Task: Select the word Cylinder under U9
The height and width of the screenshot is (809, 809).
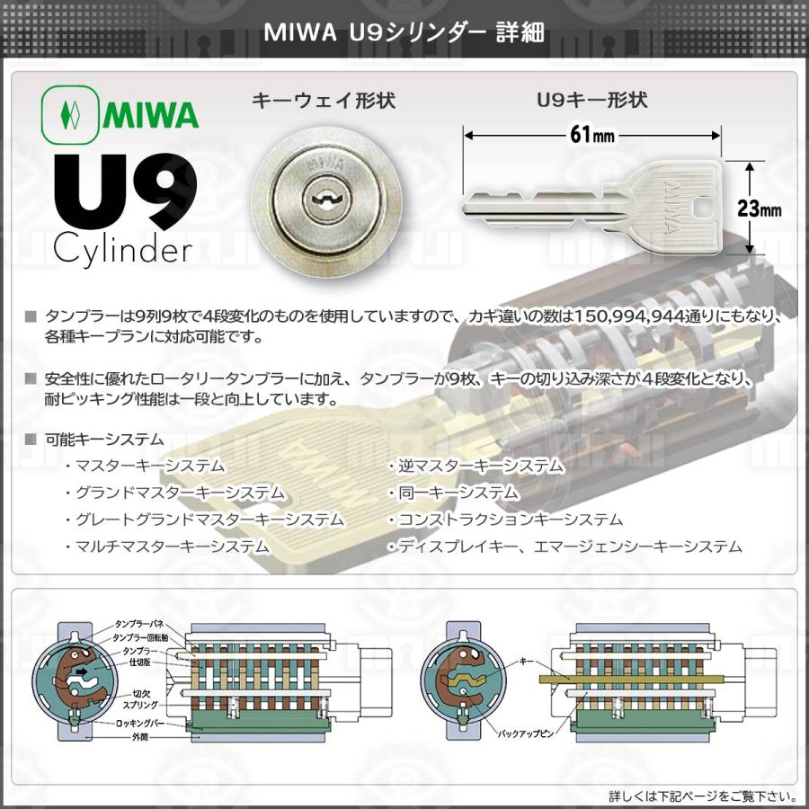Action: [x=121, y=248]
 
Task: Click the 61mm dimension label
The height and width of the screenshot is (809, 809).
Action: [x=591, y=135]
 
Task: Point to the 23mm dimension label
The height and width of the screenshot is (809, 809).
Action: [x=759, y=209]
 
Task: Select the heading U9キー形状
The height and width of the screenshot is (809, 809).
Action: [x=591, y=100]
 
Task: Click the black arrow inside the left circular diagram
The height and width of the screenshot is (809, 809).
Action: [x=83, y=670]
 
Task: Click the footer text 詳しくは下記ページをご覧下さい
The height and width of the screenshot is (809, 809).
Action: [x=703, y=796]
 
